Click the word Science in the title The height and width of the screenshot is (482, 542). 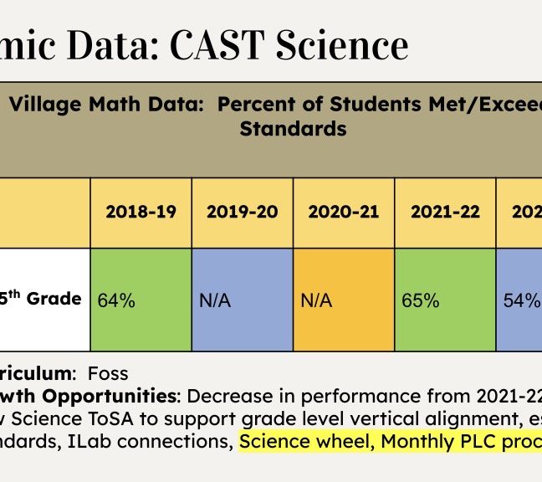(x=345, y=45)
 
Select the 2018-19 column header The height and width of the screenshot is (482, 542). (x=141, y=212)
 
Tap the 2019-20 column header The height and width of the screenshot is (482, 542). (x=243, y=212)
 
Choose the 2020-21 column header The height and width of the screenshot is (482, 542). (x=344, y=212)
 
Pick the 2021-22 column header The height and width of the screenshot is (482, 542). (x=445, y=212)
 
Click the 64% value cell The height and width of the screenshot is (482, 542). (x=116, y=300)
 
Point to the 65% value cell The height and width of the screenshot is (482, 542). (x=420, y=300)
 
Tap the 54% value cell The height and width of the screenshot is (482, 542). (x=521, y=300)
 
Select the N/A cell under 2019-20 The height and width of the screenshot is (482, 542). (x=215, y=300)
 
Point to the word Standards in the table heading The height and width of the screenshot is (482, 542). (x=293, y=130)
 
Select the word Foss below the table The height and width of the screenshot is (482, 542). (x=108, y=372)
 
